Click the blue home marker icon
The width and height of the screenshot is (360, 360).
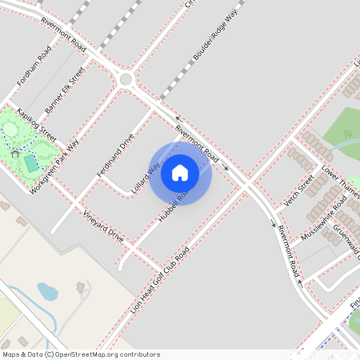coord(180,173)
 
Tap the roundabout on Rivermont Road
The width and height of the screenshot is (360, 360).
coord(126,78)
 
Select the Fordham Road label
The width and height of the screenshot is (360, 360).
coord(34,63)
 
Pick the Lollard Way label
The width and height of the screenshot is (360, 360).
coord(147,171)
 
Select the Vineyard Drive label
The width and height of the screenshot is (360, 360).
coord(103,226)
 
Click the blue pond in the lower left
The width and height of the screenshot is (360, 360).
coord(47,291)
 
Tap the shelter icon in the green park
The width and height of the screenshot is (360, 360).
coord(15,151)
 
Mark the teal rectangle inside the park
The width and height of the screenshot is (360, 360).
coord(30,163)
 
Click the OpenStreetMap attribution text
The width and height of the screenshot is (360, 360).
coord(80,354)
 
